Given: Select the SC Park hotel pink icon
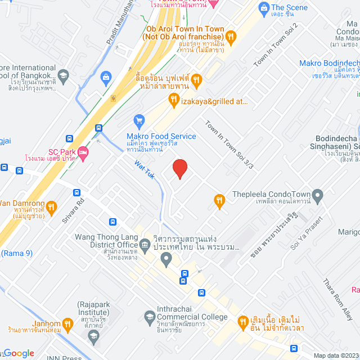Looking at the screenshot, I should point(82,152).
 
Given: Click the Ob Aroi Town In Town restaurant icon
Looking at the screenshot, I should point(230,36).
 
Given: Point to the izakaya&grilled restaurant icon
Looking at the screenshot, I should point(174,100).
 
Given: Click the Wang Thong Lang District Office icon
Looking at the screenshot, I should point(145,245).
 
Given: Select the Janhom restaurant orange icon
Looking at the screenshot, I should point(67,323).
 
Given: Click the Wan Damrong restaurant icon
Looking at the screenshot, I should point(51,206).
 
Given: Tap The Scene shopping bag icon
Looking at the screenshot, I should point(263,8).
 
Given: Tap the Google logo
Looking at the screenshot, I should point(19,353).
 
